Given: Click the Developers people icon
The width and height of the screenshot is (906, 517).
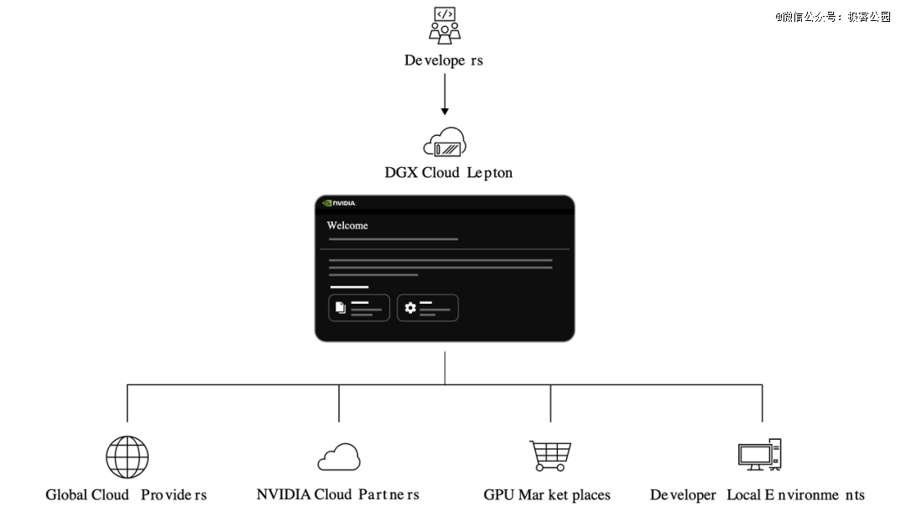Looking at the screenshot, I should click(445, 24).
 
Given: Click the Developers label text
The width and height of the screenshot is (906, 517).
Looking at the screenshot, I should click(444, 60).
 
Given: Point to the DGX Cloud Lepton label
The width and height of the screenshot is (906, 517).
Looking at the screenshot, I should click(448, 173).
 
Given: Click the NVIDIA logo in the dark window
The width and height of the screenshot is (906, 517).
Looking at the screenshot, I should click(339, 202).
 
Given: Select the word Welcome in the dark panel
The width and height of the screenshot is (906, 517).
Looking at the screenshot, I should click(347, 226).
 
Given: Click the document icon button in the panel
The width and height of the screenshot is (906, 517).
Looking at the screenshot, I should click(341, 308).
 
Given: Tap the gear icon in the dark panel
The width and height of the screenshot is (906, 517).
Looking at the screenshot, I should click(410, 308).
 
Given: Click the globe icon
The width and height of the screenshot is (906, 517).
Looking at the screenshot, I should click(127, 457).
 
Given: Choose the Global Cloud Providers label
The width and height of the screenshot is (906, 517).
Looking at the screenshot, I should click(126, 495).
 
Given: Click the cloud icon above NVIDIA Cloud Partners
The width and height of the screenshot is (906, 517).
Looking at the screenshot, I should click(339, 458).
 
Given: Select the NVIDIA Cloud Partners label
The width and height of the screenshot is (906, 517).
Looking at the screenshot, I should click(338, 495).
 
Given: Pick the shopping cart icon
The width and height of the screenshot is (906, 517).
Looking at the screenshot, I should click(550, 456).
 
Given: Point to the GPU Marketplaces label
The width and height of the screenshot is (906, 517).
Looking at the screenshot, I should click(547, 495).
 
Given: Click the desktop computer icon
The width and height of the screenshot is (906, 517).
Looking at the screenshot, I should click(760, 454).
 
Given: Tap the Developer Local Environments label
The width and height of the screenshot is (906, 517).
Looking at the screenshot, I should click(758, 495).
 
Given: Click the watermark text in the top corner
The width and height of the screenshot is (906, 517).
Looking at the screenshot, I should click(832, 17).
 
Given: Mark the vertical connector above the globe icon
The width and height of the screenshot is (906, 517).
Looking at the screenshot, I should click(127, 403).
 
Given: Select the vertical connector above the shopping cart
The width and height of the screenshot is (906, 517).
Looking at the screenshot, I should click(550, 403).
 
